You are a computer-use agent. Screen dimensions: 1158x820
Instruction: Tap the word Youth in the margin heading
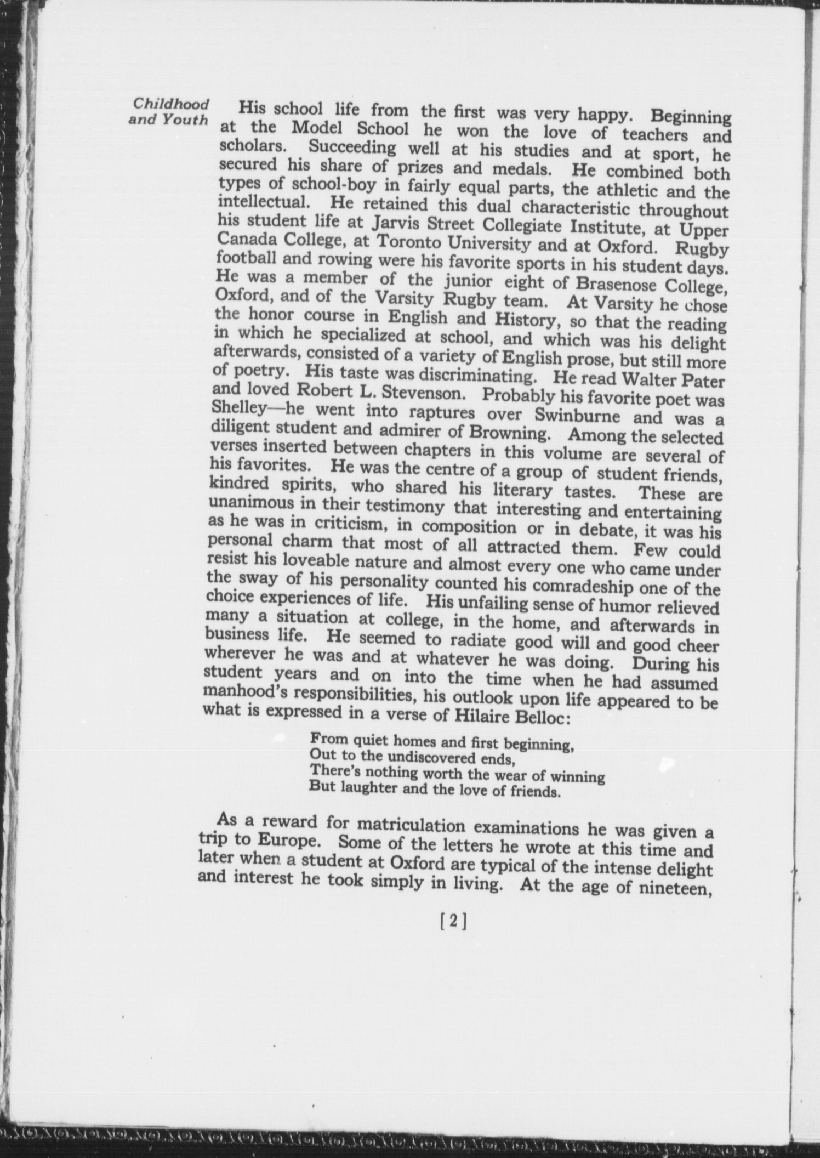coord(184,120)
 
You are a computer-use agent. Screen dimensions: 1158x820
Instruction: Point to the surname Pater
coord(701,379)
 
